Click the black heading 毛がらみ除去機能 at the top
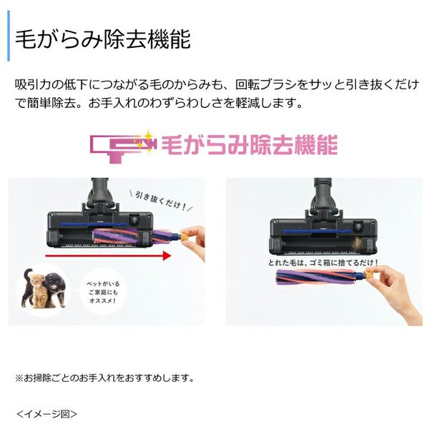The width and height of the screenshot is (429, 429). (102, 39)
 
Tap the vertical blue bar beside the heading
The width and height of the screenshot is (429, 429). (9, 36)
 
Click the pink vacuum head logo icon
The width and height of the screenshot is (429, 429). (124, 147)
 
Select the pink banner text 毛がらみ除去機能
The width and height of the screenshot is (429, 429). (250, 144)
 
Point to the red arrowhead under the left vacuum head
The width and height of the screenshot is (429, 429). (167, 255)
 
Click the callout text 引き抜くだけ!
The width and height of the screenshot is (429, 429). (161, 202)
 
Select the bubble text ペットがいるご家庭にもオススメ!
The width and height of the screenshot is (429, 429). (103, 292)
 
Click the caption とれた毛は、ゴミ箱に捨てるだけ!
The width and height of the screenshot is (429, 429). (323, 263)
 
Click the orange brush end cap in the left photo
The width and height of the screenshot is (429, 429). (185, 235)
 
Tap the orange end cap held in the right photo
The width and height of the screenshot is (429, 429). (370, 275)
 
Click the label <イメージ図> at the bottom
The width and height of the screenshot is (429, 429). (46, 414)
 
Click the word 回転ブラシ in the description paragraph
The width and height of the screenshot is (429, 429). (266, 84)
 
